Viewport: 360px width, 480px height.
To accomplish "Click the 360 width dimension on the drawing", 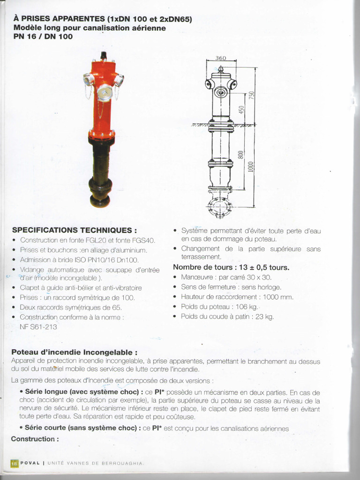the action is (221, 58).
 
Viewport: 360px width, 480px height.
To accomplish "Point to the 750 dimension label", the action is (251, 96).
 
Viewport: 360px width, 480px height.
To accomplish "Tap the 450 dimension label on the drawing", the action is (241, 110).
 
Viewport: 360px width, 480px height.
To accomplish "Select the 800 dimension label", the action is (241, 155).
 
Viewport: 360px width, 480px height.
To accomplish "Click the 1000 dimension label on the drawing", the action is (251, 166).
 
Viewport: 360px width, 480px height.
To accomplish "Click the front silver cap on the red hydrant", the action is (105, 92).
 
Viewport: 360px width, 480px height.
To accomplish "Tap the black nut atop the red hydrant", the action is (104, 56).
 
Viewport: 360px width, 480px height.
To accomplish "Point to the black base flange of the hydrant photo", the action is (100, 201).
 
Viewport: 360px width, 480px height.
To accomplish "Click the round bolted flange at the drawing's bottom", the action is (219, 207).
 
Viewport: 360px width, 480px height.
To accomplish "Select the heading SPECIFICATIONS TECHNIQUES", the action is (75, 230).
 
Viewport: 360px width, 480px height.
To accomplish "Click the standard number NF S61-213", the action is (38, 327).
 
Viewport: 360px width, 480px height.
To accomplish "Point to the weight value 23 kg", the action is (264, 316).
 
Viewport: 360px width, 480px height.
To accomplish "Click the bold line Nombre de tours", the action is (231, 267).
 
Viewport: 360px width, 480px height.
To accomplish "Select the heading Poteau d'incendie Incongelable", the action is (75, 352).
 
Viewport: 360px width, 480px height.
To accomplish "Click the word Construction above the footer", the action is (35, 439).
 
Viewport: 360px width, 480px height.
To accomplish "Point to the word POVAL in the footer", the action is (30, 463).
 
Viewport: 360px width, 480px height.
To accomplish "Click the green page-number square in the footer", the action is (15, 463).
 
